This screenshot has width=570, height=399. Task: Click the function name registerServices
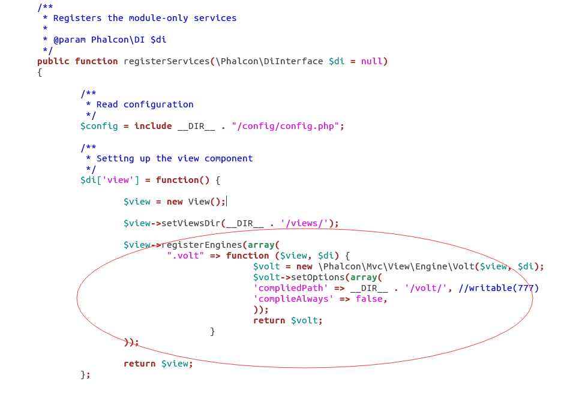[166, 61]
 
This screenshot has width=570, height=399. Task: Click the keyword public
[53, 61]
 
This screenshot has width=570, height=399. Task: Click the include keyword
[153, 126]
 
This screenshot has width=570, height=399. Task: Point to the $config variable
[99, 126]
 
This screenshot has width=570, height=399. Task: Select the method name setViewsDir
[191, 223]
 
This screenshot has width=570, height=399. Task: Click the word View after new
[199, 202]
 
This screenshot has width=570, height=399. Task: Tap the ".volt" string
[185, 256]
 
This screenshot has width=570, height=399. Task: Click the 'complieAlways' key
[293, 299]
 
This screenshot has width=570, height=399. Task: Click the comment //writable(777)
[499, 288]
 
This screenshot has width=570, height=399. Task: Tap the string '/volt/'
[426, 288]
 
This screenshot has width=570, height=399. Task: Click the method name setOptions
[317, 277]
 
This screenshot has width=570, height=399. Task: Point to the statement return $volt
[288, 320]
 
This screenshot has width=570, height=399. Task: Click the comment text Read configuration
[145, 104]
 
